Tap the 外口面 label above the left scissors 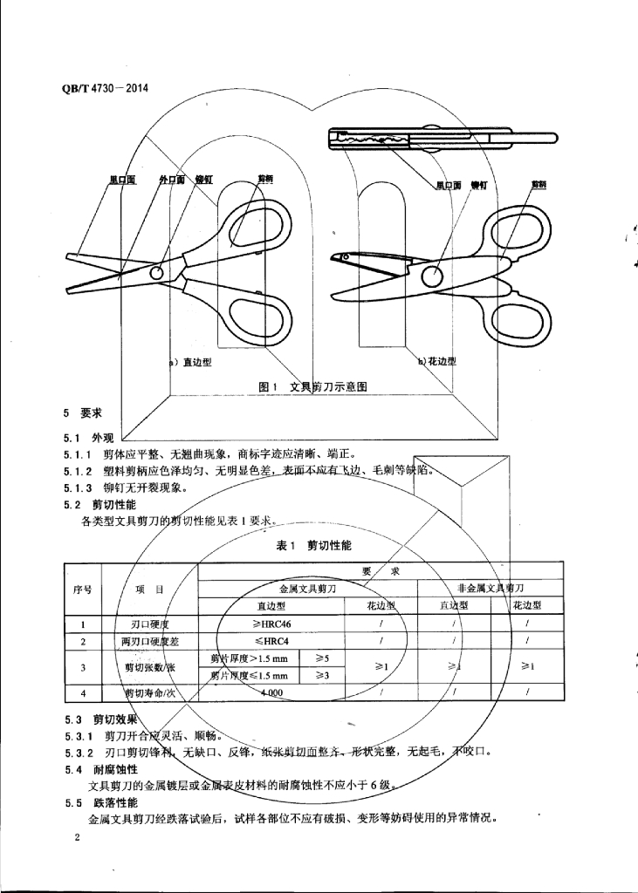171,180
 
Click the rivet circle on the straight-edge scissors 156,273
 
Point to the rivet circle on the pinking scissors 430,277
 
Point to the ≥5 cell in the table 322,657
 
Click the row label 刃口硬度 144,624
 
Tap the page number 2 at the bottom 78,839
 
